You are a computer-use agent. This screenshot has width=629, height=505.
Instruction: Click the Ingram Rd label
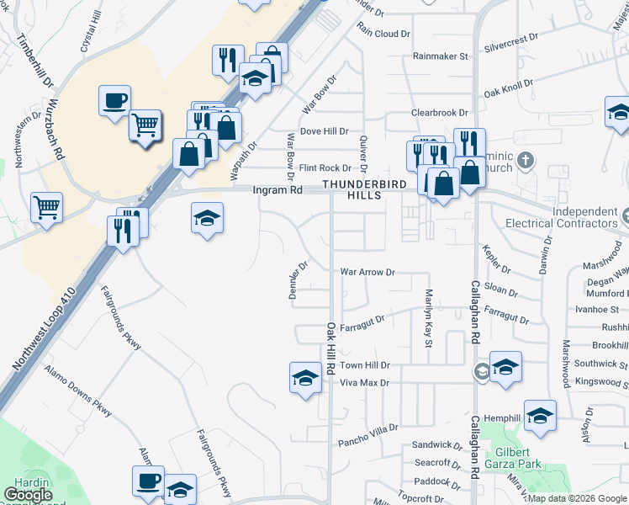278,190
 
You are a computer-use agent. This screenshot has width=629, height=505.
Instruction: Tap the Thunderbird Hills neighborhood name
364,189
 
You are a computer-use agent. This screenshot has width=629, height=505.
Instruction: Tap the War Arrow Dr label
367,273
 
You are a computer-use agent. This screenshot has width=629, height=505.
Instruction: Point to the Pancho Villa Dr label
367,430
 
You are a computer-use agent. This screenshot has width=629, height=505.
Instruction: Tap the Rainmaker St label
440,56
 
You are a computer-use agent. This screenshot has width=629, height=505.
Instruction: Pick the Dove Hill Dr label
324,131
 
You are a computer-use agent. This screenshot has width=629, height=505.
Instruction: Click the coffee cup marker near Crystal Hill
114,100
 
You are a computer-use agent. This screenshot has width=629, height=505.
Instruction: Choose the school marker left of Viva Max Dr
305,377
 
